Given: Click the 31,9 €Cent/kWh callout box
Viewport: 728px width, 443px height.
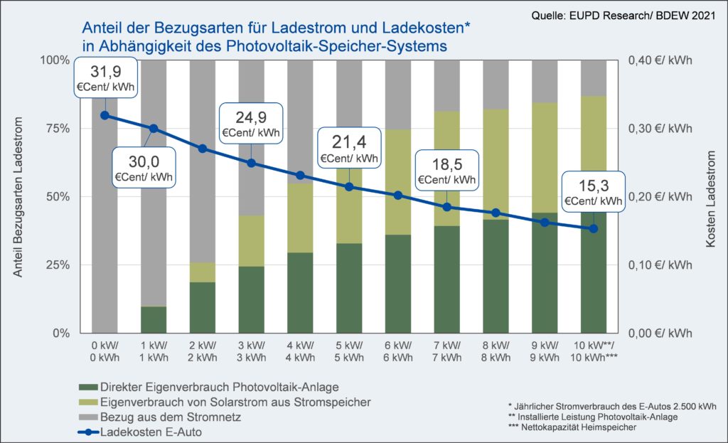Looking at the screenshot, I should click(x=105, y=79).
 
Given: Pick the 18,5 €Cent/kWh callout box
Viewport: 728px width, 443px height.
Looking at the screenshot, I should click(x=447, y=171).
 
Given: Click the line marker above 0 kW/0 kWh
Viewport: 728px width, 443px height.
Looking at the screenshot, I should click(x=105, y=115).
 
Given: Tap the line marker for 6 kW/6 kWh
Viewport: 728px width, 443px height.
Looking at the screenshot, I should click(x=398, y=195).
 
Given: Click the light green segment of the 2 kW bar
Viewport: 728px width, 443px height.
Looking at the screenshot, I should click(x=203, y=272).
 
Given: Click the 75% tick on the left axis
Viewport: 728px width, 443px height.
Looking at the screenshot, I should click(x=57, y=128).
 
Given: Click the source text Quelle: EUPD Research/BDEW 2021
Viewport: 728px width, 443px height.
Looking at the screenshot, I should click(x=623, y=14).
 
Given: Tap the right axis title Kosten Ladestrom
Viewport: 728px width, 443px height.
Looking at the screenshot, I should click(x=710, y=196).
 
